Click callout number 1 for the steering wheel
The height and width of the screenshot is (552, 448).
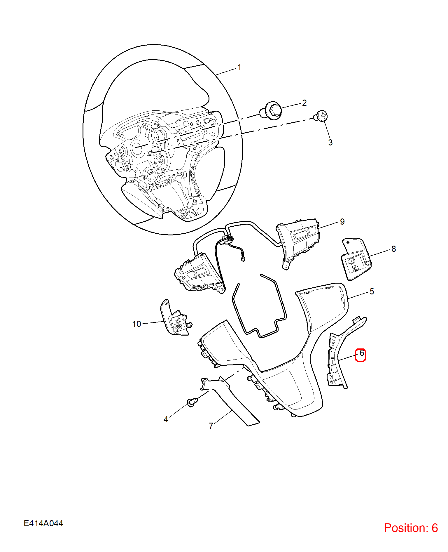239,67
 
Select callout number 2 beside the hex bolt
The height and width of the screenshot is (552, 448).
304,103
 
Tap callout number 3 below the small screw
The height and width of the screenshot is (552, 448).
330,143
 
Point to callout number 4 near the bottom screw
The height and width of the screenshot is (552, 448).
166,419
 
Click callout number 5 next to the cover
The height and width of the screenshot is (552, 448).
372,291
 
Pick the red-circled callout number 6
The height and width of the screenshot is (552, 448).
362,353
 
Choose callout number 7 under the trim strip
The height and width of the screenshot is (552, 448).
211,426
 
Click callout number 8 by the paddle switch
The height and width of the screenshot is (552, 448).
394,249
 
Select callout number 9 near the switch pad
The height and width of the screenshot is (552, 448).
342,222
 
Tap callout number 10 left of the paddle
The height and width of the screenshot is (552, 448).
136,324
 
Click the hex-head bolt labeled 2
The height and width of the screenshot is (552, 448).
271,111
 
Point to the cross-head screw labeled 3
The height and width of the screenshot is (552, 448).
321,116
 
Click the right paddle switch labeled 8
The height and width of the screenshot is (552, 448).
356,259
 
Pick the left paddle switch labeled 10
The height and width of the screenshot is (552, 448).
175,318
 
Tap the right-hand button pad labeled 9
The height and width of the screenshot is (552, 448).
298,242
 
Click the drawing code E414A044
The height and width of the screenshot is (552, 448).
43,523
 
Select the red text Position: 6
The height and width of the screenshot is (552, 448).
411,528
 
